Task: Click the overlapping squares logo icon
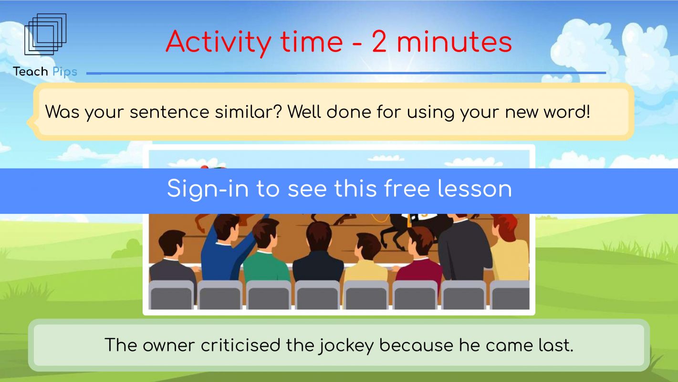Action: point(45,34)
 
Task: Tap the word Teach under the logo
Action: point(31,72)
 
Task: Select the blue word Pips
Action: point(65,72)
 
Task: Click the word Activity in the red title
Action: point(218,42)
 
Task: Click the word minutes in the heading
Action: point(454,42)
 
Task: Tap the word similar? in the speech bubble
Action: point(248,111)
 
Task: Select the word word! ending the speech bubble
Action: point(567,111)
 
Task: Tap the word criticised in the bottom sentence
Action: point(240,345)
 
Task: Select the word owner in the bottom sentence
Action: point(168,345)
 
